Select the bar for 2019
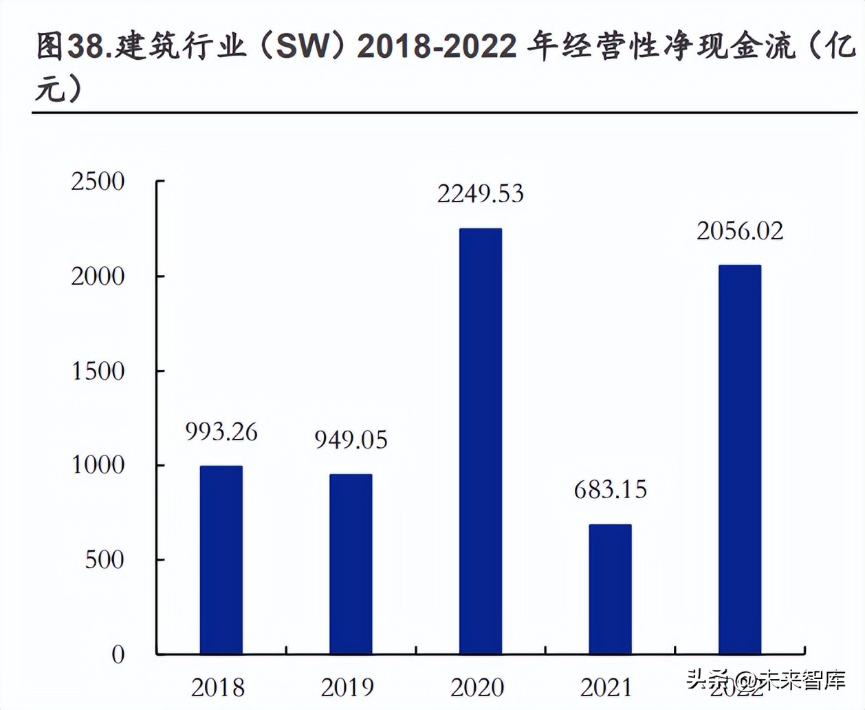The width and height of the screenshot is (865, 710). point(351,563)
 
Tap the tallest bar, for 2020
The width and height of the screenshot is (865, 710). point(481,440)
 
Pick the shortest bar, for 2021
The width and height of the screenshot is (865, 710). point(610,589)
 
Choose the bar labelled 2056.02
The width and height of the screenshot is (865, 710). point(740,459)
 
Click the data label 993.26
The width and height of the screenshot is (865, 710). point(221,432)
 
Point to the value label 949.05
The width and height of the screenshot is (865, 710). point(351,440)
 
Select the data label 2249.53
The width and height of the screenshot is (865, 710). point(481,194)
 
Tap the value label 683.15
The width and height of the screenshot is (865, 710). point(611,490)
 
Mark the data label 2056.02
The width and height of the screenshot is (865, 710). point(740,231)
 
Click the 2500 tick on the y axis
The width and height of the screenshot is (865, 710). point(98,182)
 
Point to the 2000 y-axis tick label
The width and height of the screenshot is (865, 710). point(98,277)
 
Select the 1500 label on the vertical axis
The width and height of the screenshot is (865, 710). point(98,372)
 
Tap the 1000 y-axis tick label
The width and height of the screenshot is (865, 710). point(98,465)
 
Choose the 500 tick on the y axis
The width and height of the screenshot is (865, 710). point(105,560)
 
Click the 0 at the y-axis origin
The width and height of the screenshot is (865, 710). point(118,654)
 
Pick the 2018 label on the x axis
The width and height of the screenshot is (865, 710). point(218,687)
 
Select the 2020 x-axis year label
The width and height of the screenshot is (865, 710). point(477,687)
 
